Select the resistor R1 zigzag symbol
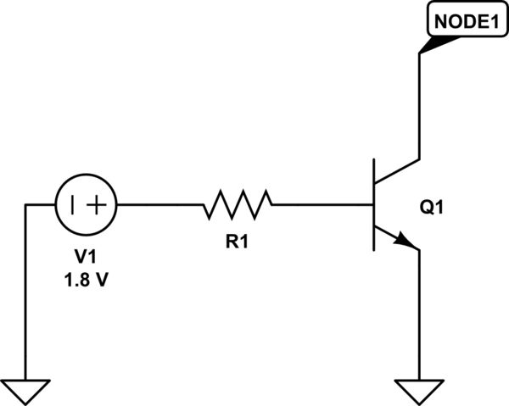237,204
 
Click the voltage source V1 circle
86,204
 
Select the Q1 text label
433,208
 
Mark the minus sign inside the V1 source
74,204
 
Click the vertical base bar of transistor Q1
374,204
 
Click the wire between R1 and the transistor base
322,204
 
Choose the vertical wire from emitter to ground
420,314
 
